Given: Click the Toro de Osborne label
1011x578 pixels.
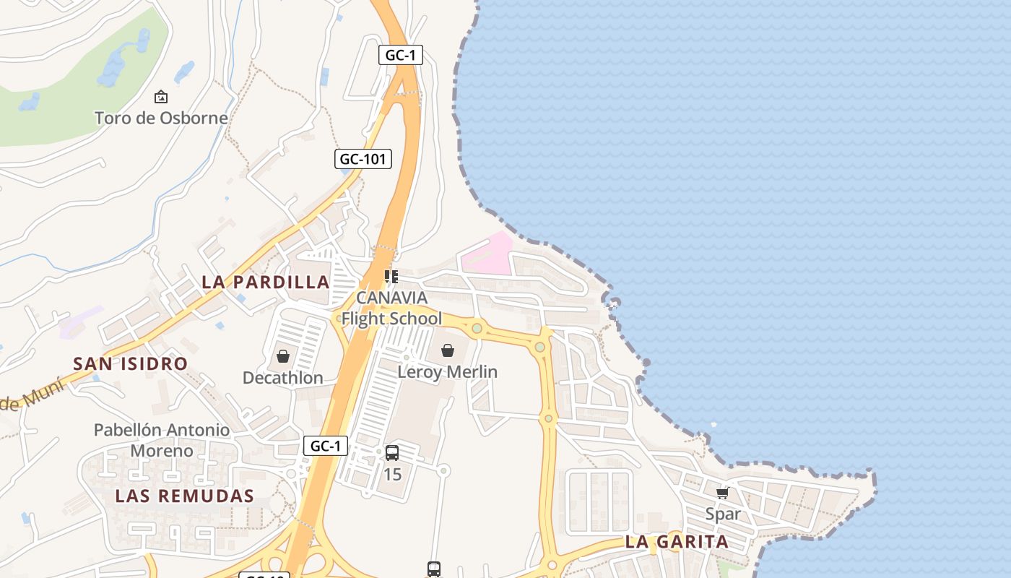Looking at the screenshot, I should point(161,118).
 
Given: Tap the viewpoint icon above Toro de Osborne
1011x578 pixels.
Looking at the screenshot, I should point(161,96).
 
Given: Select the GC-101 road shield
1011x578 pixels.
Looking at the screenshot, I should point(363,159).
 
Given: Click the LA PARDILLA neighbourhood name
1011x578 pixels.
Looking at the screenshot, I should point(265,282).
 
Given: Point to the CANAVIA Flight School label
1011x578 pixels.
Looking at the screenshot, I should point(391,308).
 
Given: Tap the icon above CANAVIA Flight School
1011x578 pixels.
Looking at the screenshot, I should point(391,276).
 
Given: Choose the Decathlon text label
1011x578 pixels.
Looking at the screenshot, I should point(282,378).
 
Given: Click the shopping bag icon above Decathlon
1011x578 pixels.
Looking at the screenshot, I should point(283,356).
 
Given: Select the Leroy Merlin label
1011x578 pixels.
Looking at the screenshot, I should point(448,371).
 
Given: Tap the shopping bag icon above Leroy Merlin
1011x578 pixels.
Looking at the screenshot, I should point(448,350).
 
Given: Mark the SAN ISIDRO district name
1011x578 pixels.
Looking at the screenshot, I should point(130,363).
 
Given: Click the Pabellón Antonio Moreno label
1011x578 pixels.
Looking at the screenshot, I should point(162,440).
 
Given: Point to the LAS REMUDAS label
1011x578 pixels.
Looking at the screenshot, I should point(185,496).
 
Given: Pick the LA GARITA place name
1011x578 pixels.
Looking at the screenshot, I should point(677,541).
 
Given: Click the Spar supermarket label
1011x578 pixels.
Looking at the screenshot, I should point(723,514).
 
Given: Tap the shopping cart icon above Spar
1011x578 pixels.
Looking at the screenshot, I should point(722,493).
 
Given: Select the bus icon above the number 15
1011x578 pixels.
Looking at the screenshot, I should point(392,453).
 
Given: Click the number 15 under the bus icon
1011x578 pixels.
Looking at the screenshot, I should point(392,474).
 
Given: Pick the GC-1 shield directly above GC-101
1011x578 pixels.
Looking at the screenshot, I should point(401,55).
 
